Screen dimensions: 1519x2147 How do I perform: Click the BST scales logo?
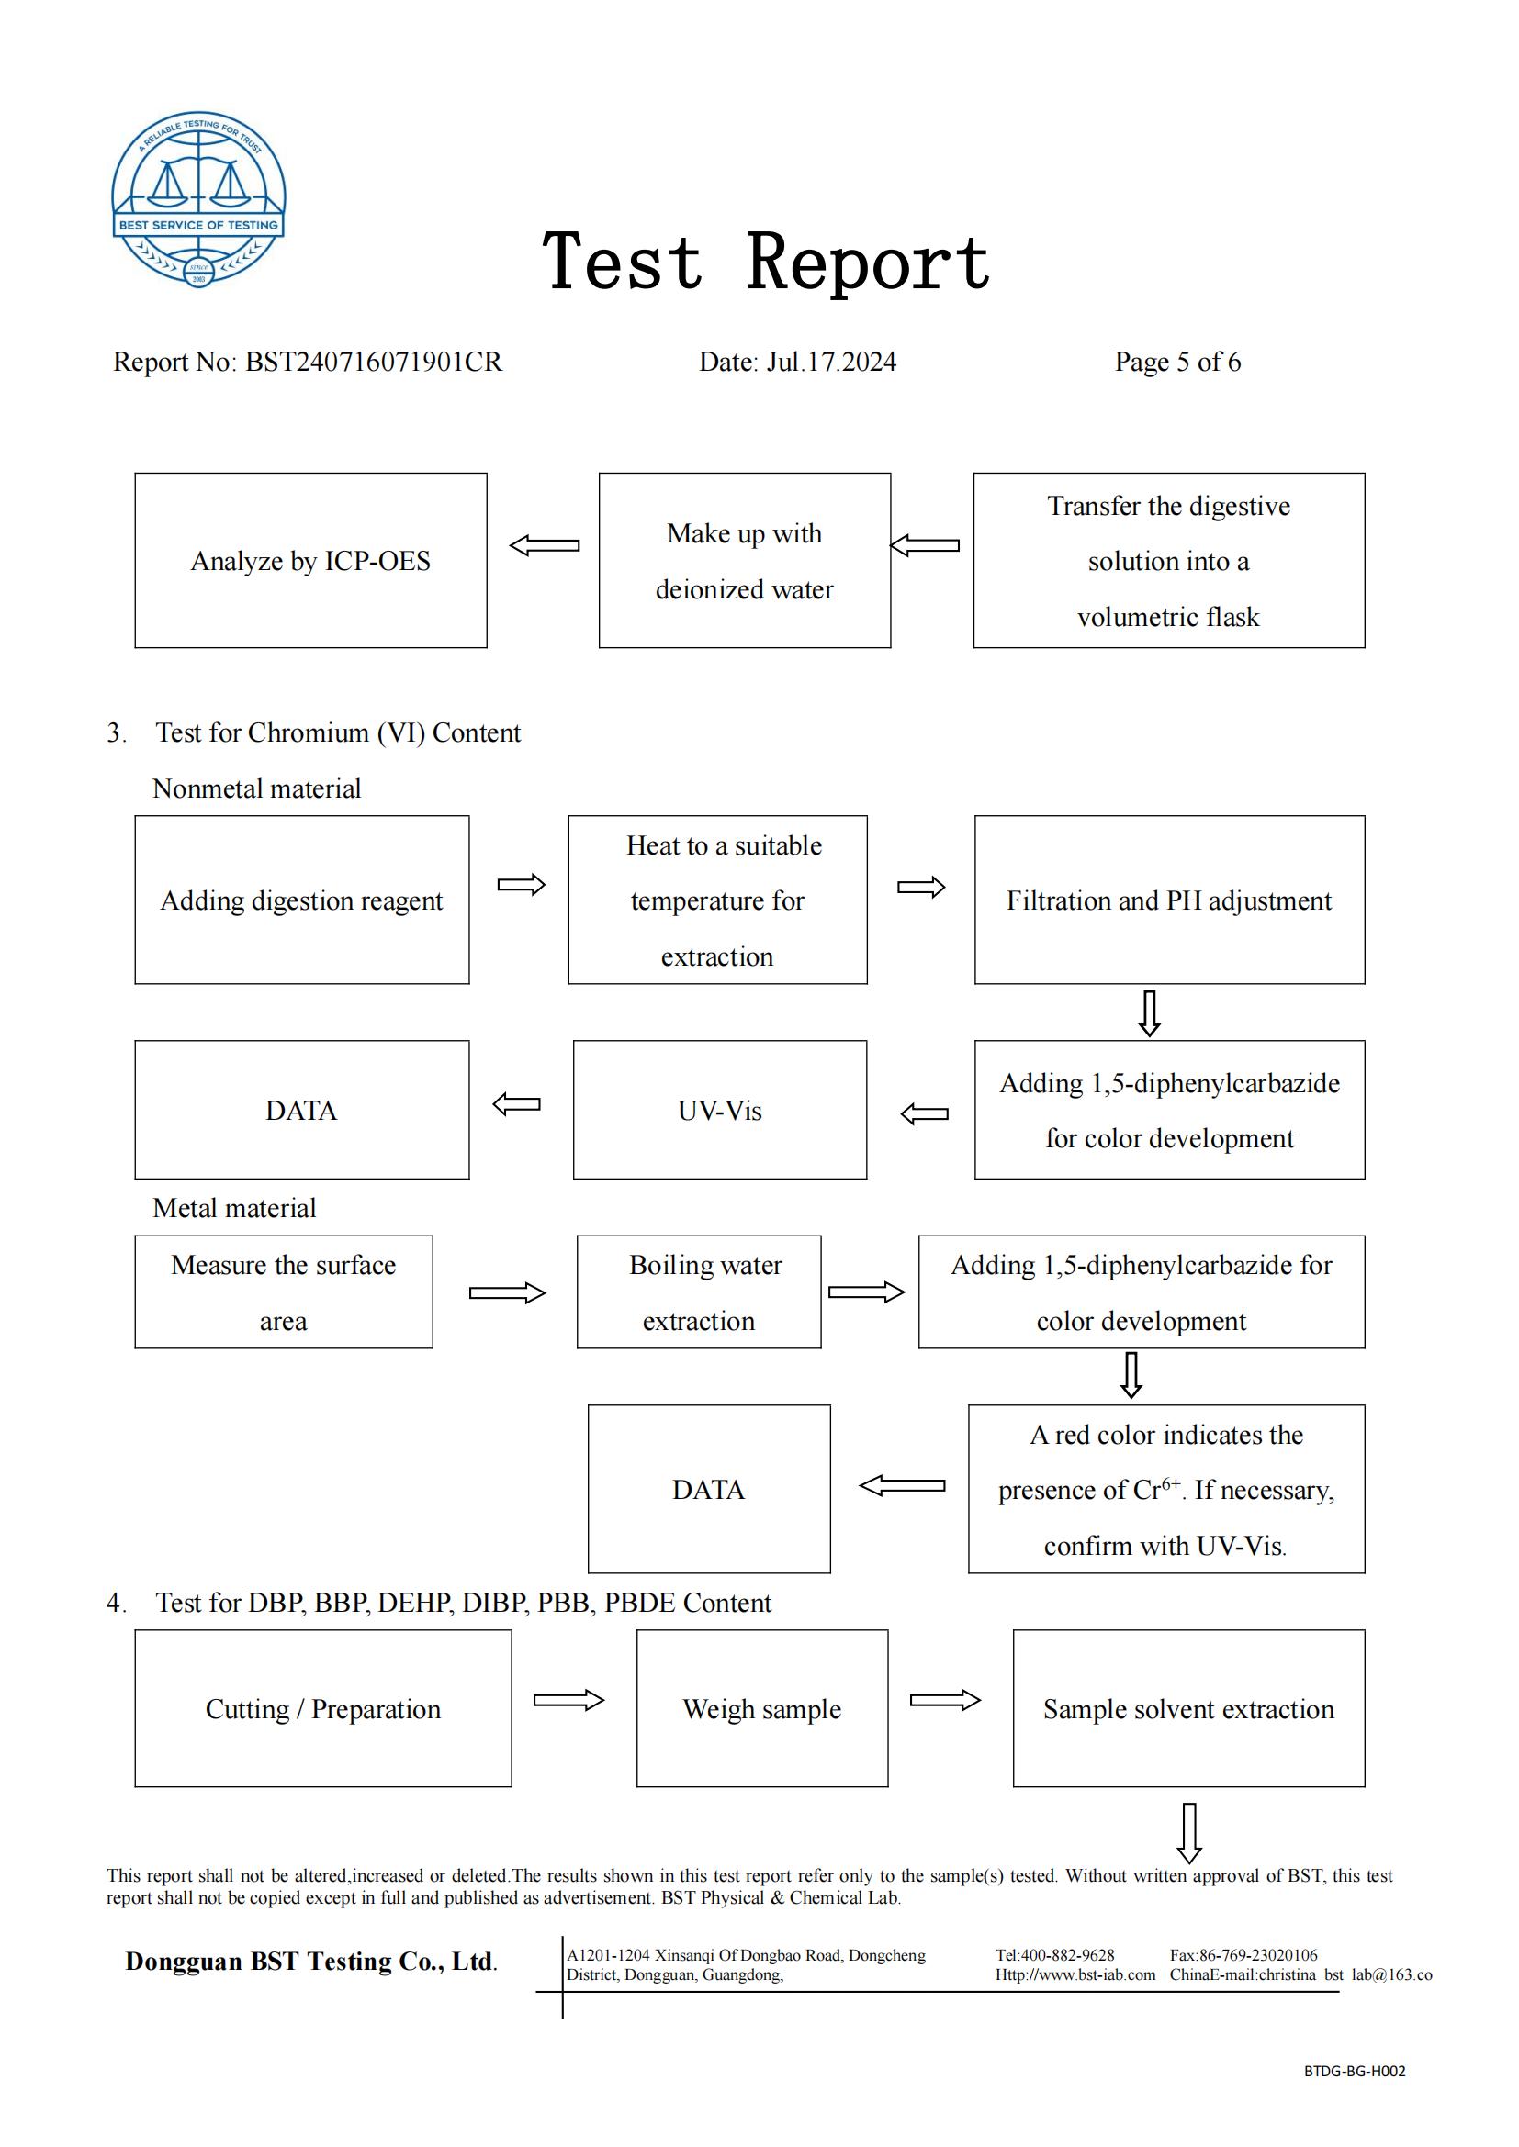pyautogui.click(x=198, y=198)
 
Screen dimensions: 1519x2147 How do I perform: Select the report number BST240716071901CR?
pyautogui.click(x=373, y=362)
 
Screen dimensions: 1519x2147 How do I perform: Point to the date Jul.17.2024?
pyautogui.click(x=831, y=362)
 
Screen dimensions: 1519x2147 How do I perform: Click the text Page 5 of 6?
pyautogui.click(x=1177, y=362)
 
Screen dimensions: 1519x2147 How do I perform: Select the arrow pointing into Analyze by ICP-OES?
pyautogui.click(x=545, y=545)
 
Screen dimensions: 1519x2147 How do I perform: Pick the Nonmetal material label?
pyautogui.click(x=256, y=788)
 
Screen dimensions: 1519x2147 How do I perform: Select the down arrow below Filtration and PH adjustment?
pyautogui.click(x=1150, y=1013)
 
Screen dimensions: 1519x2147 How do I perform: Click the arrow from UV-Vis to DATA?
pyautogui.click(x=516, y=1104)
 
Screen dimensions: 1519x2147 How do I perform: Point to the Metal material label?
pyautogui.click(x=234, y=1208)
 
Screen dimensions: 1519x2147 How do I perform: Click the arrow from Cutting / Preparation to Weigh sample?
pyautogui.click(x=568, y=1700)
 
